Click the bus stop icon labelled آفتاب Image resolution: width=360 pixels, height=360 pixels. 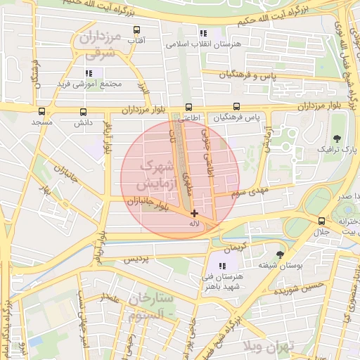(x=136, y=31)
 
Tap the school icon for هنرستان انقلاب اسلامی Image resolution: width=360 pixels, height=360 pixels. (x=204, y=32)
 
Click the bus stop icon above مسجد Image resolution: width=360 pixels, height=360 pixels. (x=41, y=111)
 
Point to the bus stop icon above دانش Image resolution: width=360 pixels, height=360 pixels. (x=84, y=111)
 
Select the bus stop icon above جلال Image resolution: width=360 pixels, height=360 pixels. (x=321, y=221)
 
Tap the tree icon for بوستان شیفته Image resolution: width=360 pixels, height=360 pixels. (x=280, y=254)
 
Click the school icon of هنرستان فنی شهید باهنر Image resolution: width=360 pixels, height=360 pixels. (x=223, y=266)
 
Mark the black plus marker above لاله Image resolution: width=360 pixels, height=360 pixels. (x=194, y=212)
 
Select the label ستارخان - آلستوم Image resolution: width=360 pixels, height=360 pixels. (x=151, y=308)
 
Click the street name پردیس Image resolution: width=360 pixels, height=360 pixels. (x=137, y=259)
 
